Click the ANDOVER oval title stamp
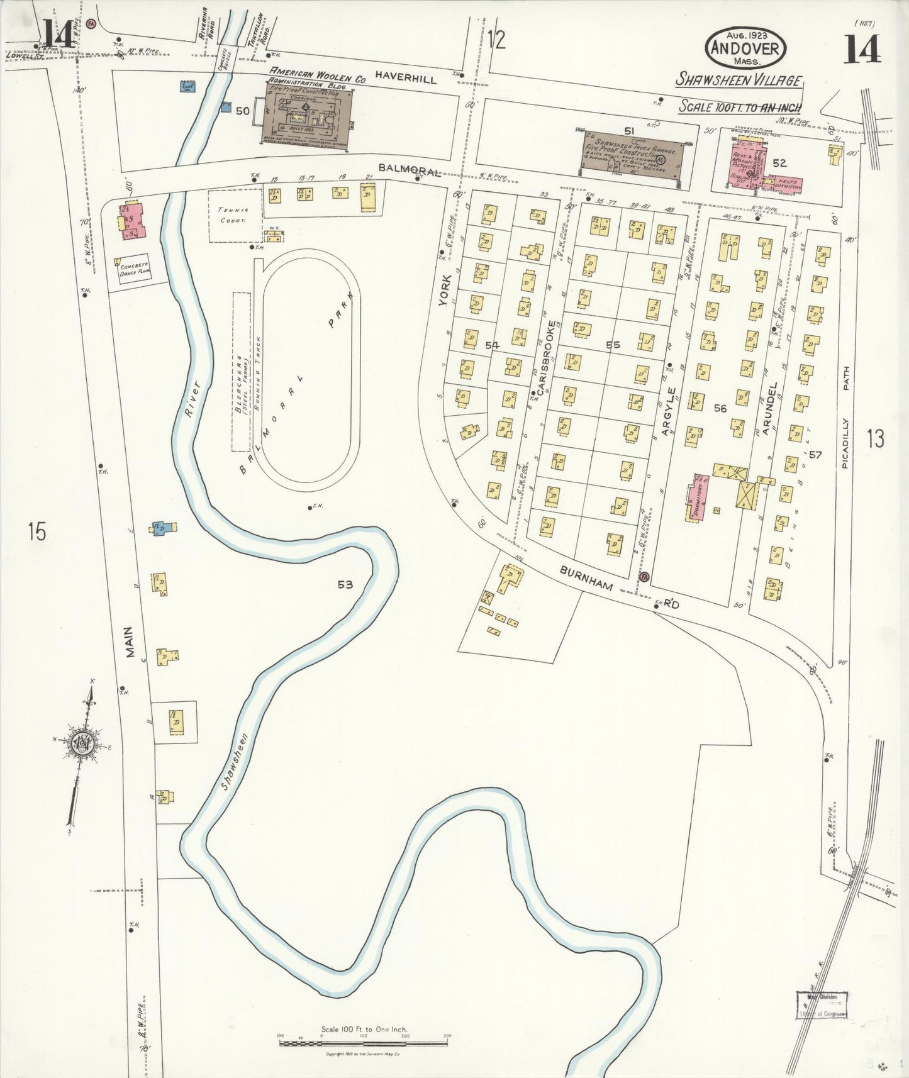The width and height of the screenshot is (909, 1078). click(x=746, y=47)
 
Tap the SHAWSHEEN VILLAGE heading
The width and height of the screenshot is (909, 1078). click(x=739, y=80)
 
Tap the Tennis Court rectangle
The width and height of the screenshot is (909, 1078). click(x=234, y=215)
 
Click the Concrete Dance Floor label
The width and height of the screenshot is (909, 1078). click(x=134, y=269)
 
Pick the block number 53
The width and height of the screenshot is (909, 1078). click(x=345, y=584)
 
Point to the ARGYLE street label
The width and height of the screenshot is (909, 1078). click(x=669, y=411)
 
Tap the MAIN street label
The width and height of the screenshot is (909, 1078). click(x=129, y=642)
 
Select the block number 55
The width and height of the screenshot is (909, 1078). click(x=613, y=345)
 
